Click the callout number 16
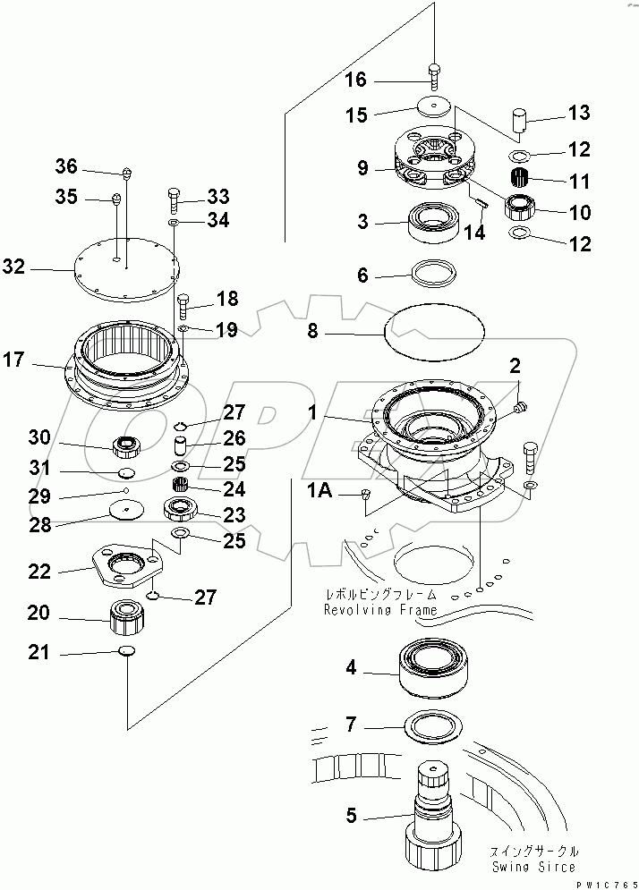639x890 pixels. click(354, 81)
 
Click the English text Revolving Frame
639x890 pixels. click(380, 610)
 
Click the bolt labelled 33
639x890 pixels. click(175, 197)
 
